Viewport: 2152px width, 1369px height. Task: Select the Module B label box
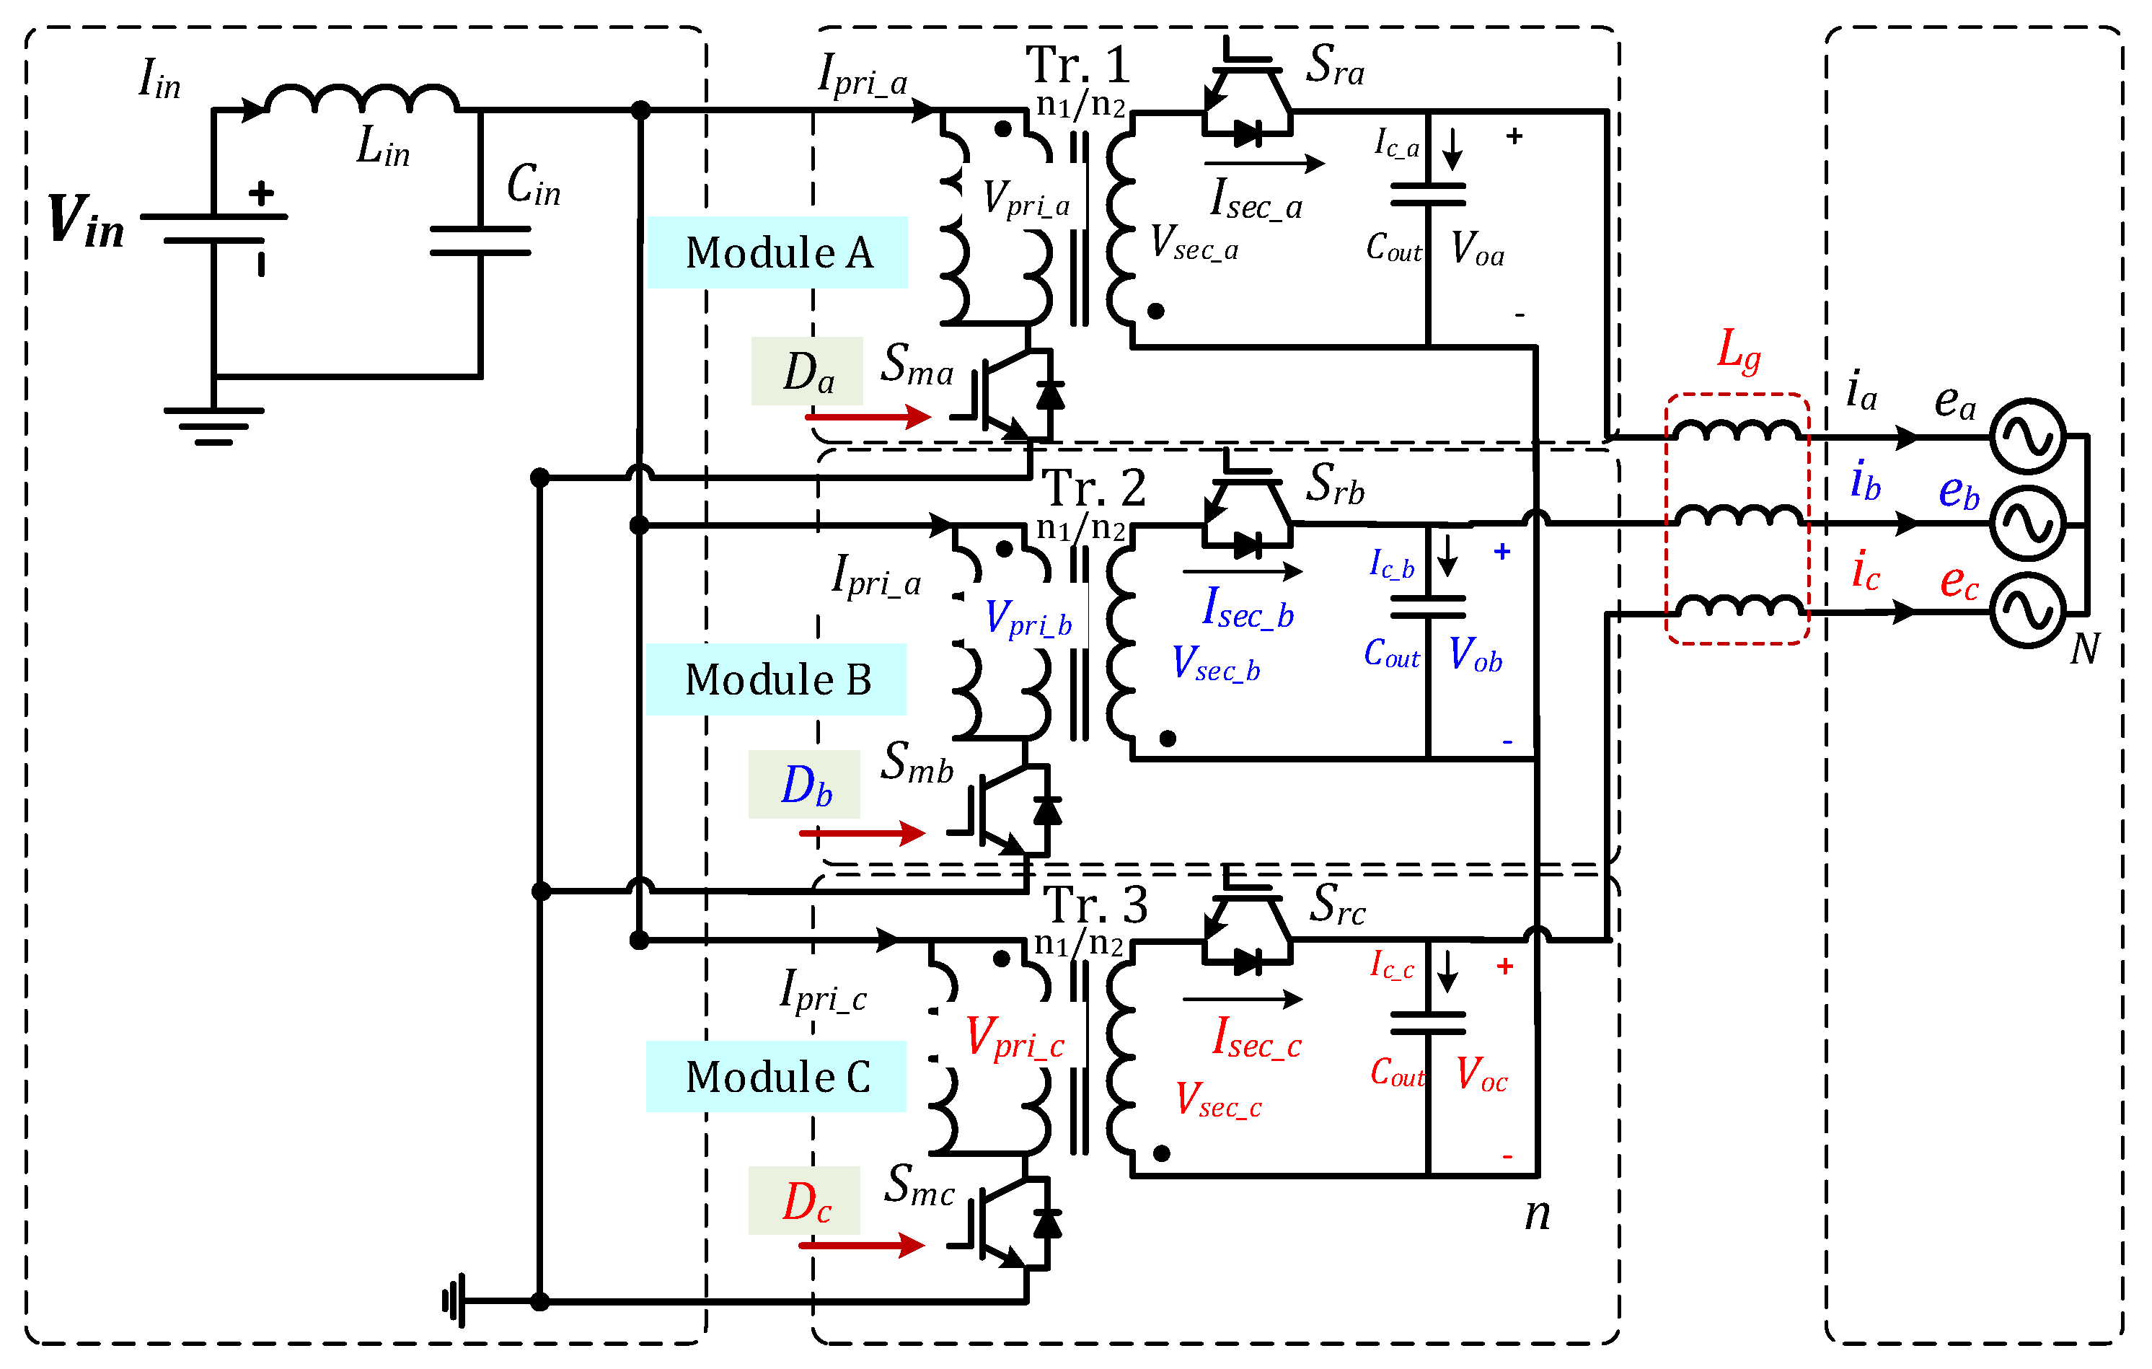(x=776, y=679)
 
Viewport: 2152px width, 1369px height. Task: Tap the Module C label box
(x=776, y=1076)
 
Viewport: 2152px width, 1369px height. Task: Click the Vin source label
(x=86, y=221)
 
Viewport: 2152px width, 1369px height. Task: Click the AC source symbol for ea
(x=2028, y=437)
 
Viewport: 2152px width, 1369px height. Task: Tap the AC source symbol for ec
(x=2028, y=611)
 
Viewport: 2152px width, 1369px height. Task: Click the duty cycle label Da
(x=807, y=371)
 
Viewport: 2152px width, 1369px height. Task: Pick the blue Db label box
(x=804, y=785)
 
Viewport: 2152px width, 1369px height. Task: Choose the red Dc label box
(x=804, y=1200)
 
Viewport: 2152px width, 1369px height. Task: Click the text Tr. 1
(x=1077, y=64)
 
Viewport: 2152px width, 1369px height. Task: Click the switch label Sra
(x=1335, y=64)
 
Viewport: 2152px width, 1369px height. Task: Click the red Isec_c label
(x=1256, y=1039)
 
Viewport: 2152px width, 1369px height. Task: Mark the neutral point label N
(x=2084, y=648)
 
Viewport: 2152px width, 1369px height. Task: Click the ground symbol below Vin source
(x=213, y=426)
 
